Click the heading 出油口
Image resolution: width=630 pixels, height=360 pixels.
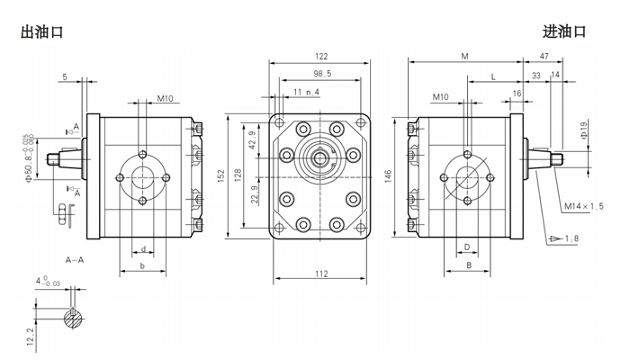tap(41, 31)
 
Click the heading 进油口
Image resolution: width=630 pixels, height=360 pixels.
tap(564, 31)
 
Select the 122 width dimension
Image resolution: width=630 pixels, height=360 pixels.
tap(319, 57)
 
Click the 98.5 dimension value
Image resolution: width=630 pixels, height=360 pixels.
tap(322, 74)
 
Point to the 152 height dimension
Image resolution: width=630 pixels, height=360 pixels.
tap(222, 175)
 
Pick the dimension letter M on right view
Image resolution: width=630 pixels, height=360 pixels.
tap(464, 57)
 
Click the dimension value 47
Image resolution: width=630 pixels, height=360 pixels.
tap(544, 57)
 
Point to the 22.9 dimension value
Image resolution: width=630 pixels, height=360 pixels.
tap(254, 193)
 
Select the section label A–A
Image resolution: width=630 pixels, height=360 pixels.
tap(76, 259)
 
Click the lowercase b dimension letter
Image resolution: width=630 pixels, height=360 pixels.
tap(142, 267)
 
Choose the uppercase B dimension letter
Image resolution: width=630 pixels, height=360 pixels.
tap(468, 266)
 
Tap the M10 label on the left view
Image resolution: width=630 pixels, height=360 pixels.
tap(165, 98)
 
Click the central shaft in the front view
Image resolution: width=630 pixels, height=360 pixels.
tap(319, 161)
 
